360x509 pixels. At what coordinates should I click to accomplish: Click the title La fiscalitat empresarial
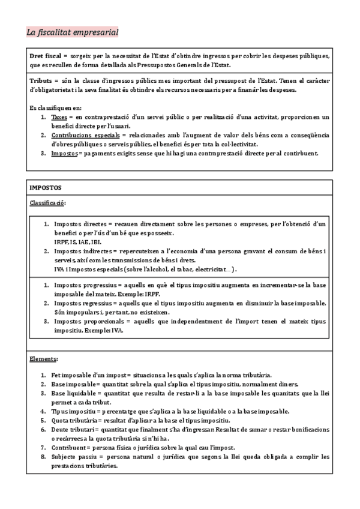coord(73,32)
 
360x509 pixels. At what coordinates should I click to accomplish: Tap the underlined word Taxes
coord(59,116)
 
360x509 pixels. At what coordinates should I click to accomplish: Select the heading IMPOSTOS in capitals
coord(46,188)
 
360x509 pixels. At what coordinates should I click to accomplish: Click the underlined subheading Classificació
coord(48,203)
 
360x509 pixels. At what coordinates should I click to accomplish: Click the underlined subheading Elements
coord(43,358)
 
